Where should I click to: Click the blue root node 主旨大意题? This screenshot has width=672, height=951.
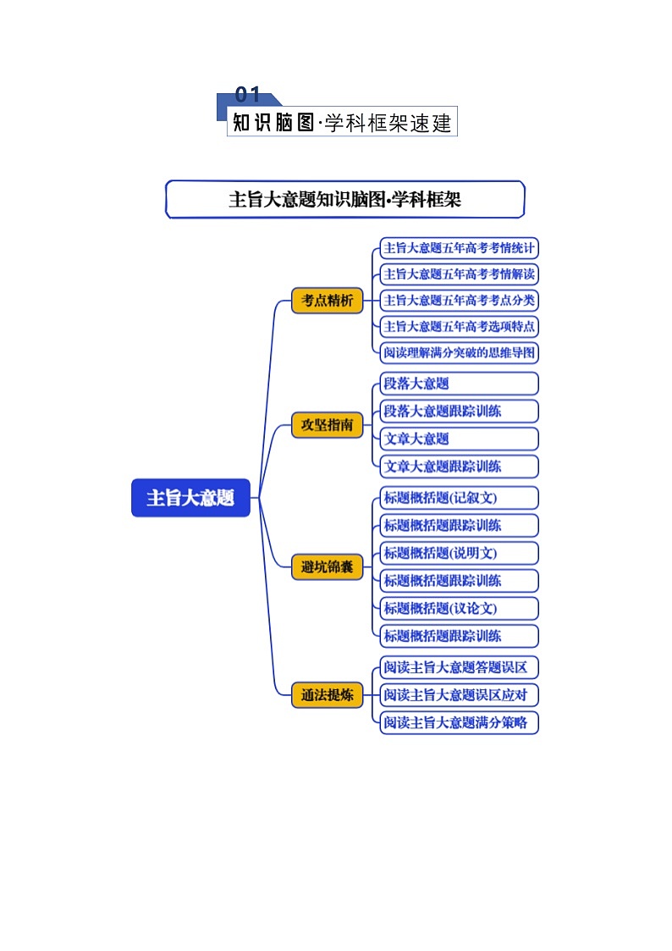click(x=190, y=498)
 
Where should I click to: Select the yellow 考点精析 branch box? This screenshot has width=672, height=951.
click(x=327, y=301)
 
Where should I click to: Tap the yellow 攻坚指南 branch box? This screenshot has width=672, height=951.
click(x=327, y=424)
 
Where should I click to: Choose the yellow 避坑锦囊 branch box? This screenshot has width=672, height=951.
click(x=327, y=567)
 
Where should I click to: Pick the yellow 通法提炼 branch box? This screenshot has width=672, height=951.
click(x=327, y=695)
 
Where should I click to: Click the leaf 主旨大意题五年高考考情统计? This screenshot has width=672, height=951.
click(x=459, y=248)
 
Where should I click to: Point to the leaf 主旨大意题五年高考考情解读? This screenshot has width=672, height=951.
click(x=459, y=274)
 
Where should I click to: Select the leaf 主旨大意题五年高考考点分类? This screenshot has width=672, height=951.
click(x=459, y=300)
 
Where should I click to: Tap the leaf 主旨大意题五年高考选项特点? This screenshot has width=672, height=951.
click(x=459, y=326)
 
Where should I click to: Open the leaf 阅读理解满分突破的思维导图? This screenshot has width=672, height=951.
click(x=459, y=352)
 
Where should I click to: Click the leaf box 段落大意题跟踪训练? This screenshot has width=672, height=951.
click(x=459, y=412)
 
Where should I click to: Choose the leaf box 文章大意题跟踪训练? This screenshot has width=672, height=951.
click(x=459, y=466)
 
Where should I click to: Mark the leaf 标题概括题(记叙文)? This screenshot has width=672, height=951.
click(x=459, y=497)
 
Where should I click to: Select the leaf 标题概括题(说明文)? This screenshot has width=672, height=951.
click(x=459, y=553)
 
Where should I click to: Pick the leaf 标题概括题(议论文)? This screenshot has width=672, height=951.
click(x=459, y=608)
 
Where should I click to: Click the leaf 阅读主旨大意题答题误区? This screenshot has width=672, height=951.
click(x=459, y=667)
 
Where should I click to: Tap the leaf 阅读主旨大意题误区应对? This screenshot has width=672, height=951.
click(x=459, y=695)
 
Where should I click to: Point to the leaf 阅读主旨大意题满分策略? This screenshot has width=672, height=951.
click(x=459, y=722)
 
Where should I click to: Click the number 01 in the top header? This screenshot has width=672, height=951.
click(x=247, y=95)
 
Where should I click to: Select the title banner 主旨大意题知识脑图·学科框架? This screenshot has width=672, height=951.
click(x=344, y=200)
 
